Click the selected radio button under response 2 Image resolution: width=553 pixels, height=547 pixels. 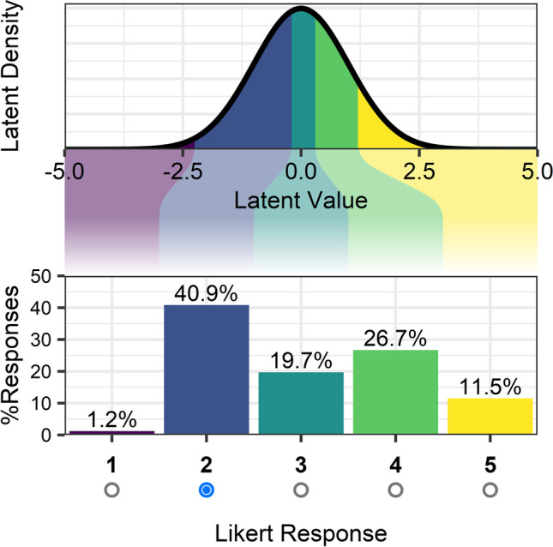pos(206,490)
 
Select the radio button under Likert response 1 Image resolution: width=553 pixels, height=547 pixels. pos(111,490)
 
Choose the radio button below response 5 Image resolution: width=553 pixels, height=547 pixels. pos(490,490)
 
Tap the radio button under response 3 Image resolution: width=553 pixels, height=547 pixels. pos(300,490)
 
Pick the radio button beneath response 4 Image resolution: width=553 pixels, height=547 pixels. pos(395,490)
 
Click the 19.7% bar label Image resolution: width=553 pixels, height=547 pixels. pos(300,360)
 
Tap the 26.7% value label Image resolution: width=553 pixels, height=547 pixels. pos(395,338)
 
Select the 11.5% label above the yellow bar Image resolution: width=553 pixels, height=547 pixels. pos(490,386)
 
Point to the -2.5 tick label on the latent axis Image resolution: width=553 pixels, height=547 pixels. pos(182,171)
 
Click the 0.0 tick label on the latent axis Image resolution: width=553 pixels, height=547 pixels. pos(301,171)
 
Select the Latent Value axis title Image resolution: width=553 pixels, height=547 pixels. pos(300,202)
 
